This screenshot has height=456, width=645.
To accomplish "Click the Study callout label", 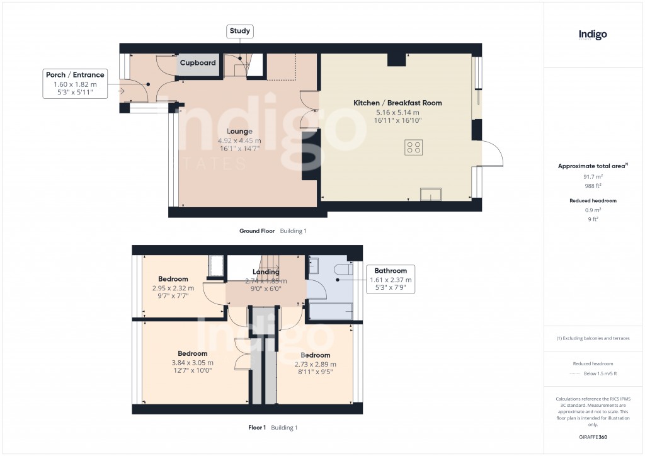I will point(239,31).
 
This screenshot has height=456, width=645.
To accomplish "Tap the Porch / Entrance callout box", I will point(75,84).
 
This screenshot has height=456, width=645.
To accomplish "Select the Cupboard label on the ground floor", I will point(198,63).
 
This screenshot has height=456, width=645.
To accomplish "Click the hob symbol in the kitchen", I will point(414,147).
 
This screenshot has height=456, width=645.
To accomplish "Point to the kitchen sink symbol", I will point(431,195).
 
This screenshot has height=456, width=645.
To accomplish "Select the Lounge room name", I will point(240,132).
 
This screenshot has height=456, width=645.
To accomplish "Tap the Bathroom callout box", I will point(391,280).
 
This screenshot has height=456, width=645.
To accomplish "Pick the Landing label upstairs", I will point(266,272).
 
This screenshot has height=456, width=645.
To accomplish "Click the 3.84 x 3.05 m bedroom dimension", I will point(193,362).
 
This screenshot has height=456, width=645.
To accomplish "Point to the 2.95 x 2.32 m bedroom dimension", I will point(173,288).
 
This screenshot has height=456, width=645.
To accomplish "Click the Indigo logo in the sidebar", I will point(593,35).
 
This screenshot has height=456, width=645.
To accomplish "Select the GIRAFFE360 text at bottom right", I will point(593,436).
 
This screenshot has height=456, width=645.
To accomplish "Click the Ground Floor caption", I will point(257,231).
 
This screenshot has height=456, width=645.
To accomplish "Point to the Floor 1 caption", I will point(257,428).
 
